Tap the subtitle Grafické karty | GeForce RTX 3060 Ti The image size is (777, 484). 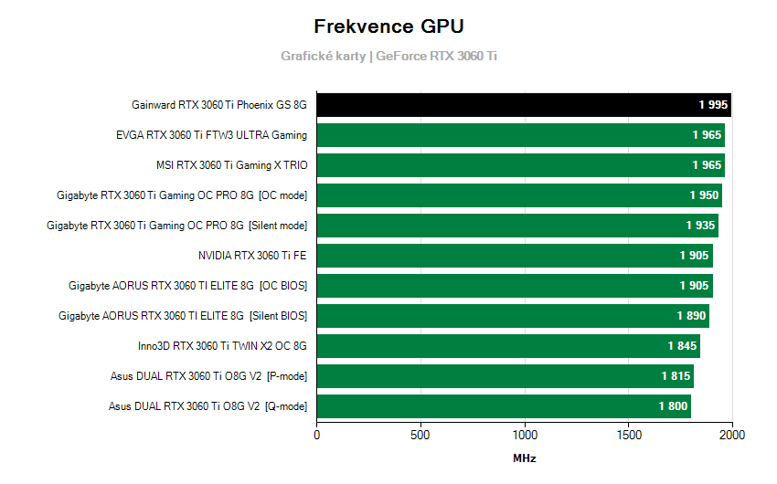click(388, 56)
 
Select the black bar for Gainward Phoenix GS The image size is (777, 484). click(523, 105)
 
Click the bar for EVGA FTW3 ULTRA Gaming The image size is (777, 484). click(520, 135)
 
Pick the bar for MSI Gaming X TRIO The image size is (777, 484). click(520, 165)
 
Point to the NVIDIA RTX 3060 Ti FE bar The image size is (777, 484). click(514, 256)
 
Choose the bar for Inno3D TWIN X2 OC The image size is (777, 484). click(508, 346)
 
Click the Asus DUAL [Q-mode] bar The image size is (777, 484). click(503, 406)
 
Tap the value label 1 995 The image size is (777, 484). click(713, 105)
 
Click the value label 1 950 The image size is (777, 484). click(704, 195)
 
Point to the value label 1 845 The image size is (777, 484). click(682, 346)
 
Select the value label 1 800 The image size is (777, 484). click(673, 406)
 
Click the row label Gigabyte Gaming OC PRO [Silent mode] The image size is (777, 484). click(176, 226)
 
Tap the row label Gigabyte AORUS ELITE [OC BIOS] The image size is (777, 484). click(187, 286)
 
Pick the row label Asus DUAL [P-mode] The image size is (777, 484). click(208, 376)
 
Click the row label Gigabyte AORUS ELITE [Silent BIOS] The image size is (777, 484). click(182, 316)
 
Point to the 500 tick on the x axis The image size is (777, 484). click(420, 435)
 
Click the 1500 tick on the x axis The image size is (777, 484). click(629, 435)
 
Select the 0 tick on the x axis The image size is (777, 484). click(316, 435)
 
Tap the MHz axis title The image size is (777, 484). click(524, 458)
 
